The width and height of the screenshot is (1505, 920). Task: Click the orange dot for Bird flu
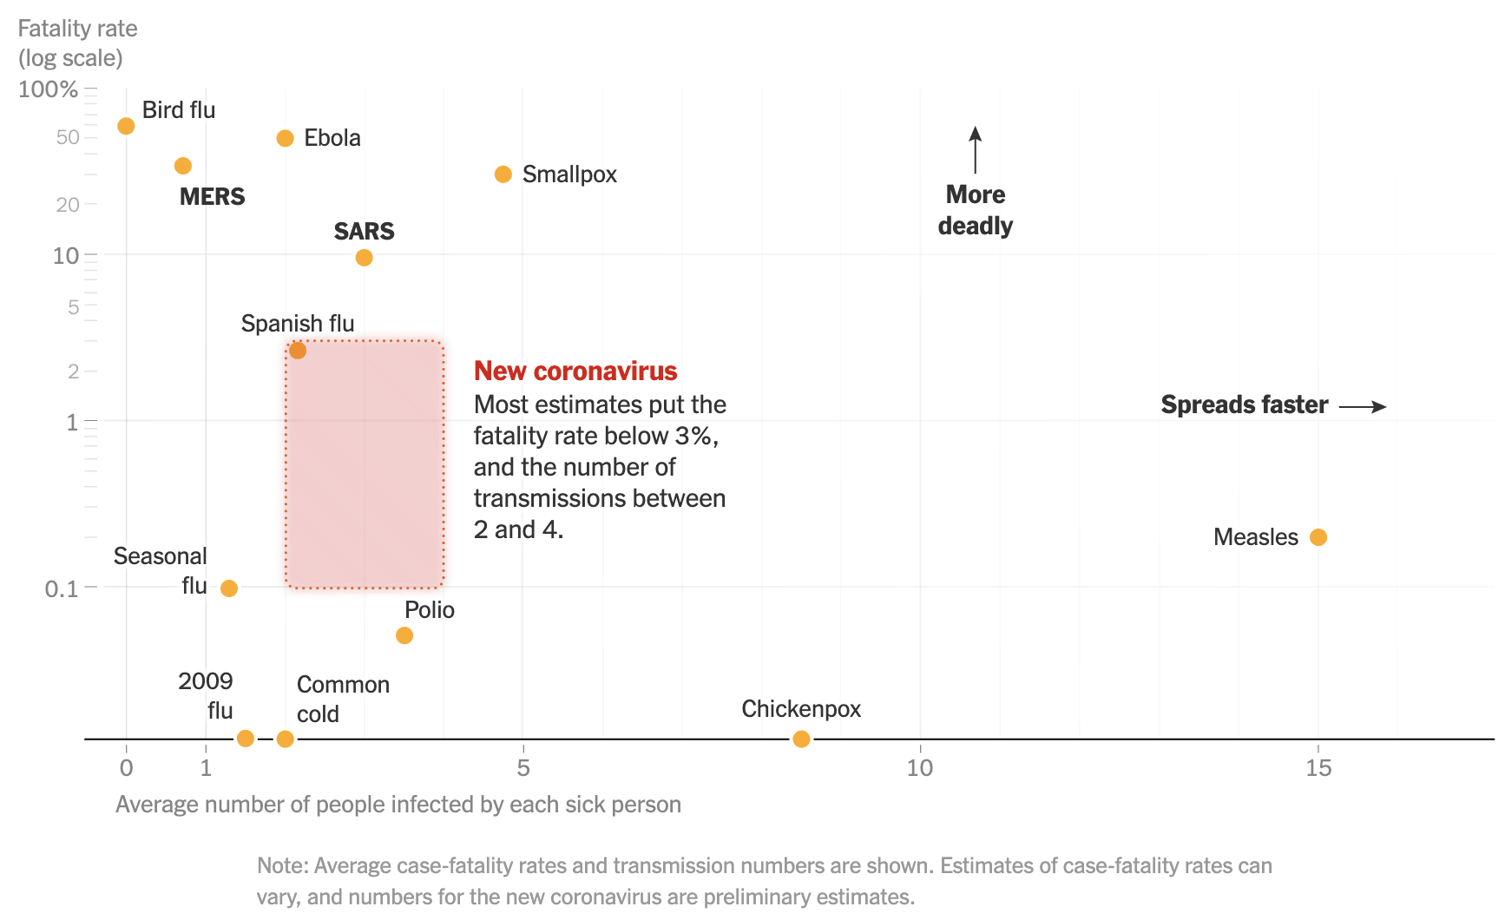[126, 127]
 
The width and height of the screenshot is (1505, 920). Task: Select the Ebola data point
[285, 139]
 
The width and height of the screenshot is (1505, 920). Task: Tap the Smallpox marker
[503, 174]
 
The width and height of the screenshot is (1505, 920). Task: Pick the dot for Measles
[1318, 537]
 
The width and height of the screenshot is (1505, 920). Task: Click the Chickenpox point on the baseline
[801, 739]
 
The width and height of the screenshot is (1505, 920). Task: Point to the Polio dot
[404, 635]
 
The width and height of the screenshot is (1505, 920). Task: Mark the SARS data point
[364, 258]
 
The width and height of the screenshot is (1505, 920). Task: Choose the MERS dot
[182, 166]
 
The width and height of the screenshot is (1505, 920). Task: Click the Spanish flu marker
[298, 351]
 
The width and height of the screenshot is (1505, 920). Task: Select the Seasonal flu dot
[228, 588]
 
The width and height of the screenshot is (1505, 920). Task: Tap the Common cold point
[285, 739]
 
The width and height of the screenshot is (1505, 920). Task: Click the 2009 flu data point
[246, 739]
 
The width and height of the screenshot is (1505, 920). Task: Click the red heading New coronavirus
[575, 371]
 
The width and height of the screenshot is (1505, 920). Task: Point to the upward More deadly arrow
[976, 149]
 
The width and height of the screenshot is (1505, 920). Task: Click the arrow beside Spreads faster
[1363, 406]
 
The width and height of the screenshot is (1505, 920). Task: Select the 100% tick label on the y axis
[48, 89]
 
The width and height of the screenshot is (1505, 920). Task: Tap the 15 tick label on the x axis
[1318, 768]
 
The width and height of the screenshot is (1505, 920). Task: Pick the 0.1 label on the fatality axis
[61, 589]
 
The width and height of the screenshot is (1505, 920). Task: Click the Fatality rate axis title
[77, 29]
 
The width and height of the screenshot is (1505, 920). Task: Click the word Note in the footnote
[282, 866]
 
